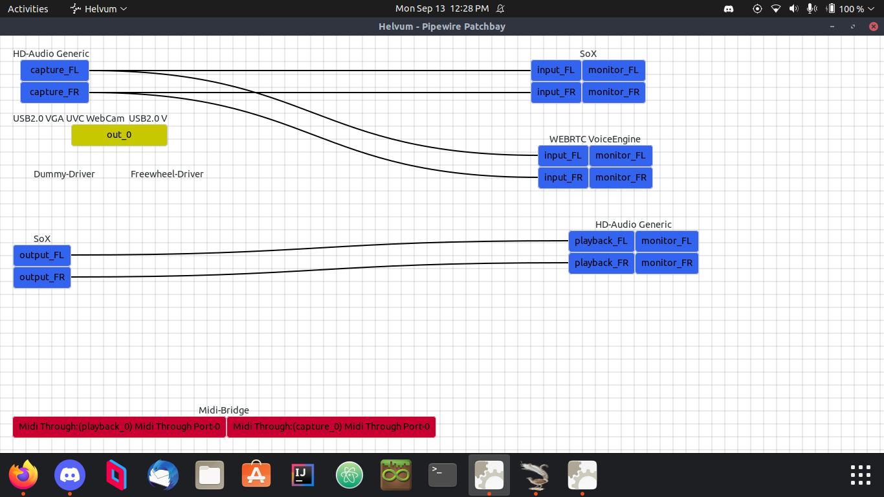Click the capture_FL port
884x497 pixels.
coord(54,71)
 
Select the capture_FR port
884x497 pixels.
coord(54,93)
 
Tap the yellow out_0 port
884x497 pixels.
coord(119,135)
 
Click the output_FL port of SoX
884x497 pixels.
coord(42,256)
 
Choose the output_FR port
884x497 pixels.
coord(42,278)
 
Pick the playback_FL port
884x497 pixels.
coord(601,241)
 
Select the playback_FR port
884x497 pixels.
coord(601,263)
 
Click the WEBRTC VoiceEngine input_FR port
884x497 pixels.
coord(563,178)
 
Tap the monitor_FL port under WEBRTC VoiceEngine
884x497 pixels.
coord(621,156)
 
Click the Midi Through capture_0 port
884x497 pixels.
coord(331,427)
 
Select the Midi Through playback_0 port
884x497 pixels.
coord(119,427)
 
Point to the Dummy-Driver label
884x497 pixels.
coord(64,174)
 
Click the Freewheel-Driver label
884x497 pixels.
coord(167,174)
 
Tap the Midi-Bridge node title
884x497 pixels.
coord(224,410)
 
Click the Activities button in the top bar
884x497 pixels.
coord(28,9)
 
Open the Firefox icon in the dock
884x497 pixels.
coord(23,476)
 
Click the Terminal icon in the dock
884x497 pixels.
coord(443,476)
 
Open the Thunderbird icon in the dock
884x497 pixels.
coord(163,476)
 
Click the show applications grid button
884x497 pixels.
coord(860,475)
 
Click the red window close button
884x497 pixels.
coord(874,27)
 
